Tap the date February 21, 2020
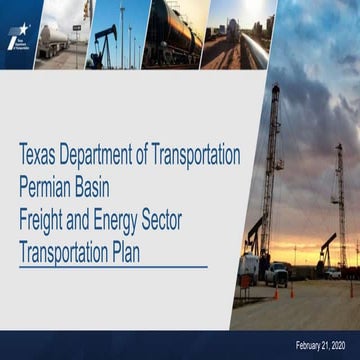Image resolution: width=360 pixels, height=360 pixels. pos(325,345)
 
